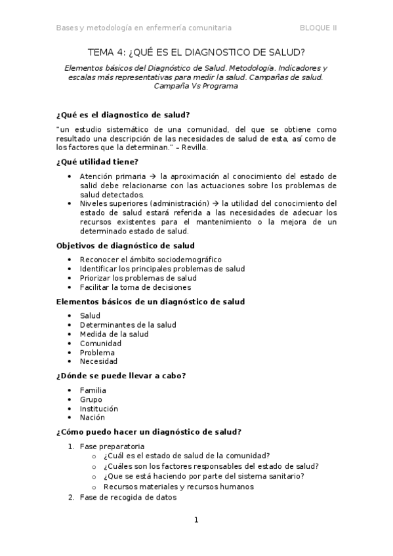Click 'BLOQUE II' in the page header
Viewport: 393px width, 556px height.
coord(318,28)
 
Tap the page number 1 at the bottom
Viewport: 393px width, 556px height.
coord(196,520)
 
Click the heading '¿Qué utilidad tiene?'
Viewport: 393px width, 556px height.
coord(97,162)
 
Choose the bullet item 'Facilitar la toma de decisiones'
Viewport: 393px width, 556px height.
coord(135,287)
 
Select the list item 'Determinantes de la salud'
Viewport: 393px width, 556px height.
coord(128,325)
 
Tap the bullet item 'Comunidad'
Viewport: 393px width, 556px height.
coord(100,344)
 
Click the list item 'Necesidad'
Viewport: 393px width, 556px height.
coord(98,362)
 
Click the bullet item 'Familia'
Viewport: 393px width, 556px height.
coord(93,390)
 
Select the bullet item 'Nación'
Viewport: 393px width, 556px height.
coord(92,418)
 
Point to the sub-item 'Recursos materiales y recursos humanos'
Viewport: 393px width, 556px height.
coord(178,487)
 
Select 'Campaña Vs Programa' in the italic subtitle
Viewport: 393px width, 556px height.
coord(196,86)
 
